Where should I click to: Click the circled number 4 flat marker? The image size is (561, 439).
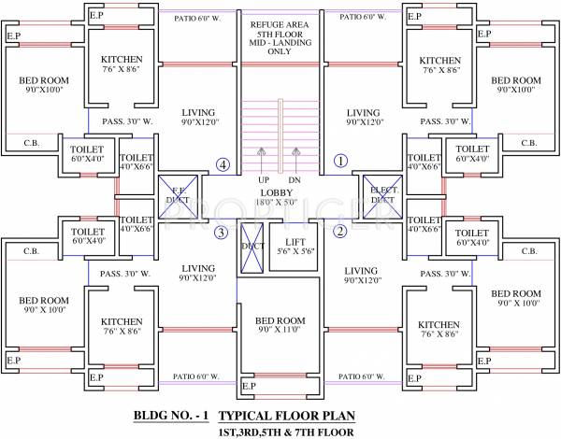click(222, 164)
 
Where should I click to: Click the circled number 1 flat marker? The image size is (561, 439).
click(340, 161)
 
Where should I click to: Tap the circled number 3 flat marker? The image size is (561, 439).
click(221, 233)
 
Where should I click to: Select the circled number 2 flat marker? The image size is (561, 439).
click(340, 231)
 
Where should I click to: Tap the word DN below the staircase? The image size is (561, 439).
click(295, 180)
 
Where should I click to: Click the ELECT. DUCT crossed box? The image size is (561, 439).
click(381, 192)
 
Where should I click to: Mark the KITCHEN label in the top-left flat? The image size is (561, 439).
click(122, 64)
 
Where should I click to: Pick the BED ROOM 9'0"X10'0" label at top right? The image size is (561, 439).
click(516, 85)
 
